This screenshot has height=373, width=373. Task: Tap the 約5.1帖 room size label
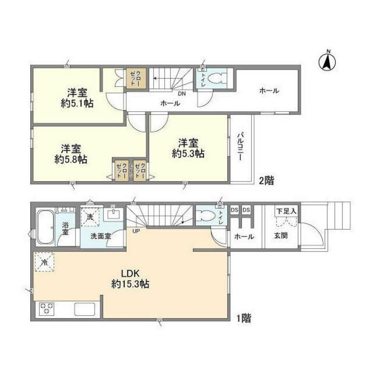(77, 103)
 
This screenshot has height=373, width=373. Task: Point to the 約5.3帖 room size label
(188, 153)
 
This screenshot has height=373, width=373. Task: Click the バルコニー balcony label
(240, 146)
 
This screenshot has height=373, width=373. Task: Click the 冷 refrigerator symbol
(44, 261)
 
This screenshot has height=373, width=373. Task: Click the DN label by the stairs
(182, 94)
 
